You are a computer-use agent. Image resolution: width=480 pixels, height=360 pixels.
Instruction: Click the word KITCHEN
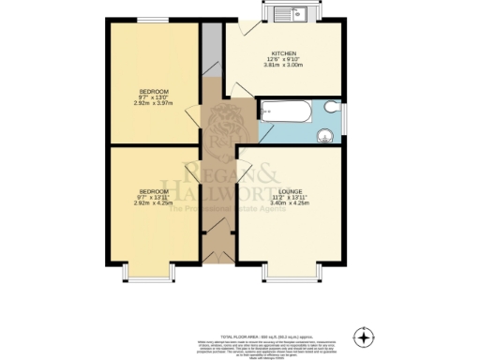[284, 53]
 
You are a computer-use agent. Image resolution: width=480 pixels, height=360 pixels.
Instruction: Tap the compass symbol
[364, 335]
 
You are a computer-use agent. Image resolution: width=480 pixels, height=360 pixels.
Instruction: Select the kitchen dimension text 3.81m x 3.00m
[283, 66]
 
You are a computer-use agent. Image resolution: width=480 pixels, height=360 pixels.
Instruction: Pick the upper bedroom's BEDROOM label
[152, 91]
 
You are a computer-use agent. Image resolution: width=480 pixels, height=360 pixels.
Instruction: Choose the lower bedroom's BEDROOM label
[152, 192]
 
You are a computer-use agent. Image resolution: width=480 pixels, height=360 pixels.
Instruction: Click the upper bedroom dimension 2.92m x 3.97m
[152, 103]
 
